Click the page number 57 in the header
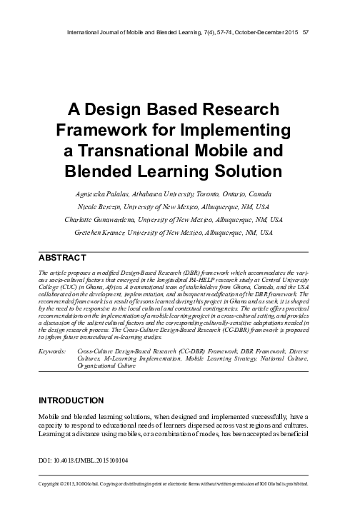306,31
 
